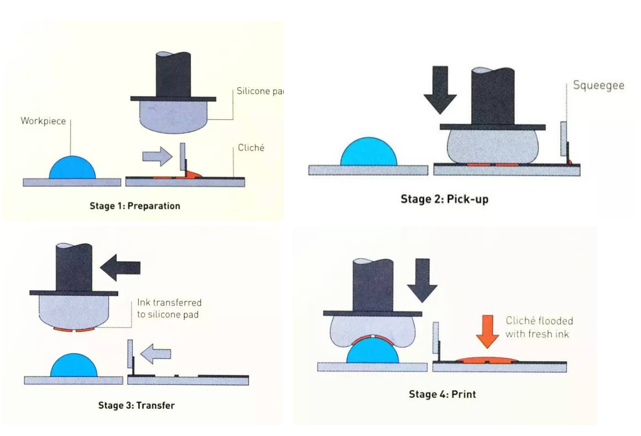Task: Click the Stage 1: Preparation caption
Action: coord(133,206)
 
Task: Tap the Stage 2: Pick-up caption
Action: coord(444,199)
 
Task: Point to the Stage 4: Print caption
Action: coord(442,394)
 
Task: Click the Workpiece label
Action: coord(43,121)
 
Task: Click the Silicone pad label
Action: coord(259,91)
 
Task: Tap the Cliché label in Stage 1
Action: coord(251,148)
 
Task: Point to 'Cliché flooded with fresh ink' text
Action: coord(539,327)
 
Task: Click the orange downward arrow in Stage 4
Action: coord(487,331)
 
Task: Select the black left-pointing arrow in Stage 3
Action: coord(120,266)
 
